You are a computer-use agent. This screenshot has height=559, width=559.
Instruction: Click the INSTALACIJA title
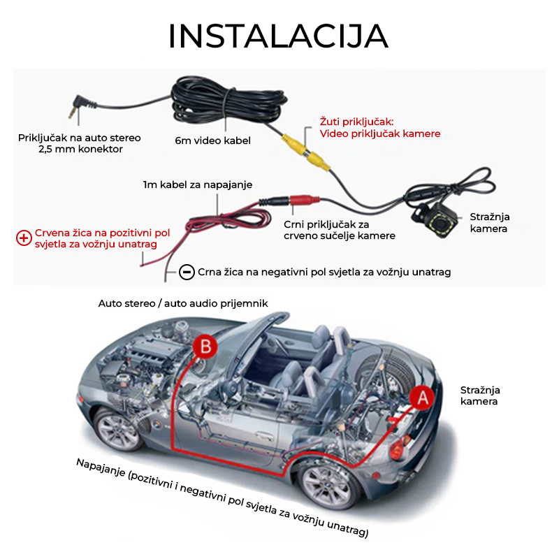pyautogui.click(x=278, y=36)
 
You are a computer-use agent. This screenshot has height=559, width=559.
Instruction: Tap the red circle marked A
pyautogui.click(x=421, y=398)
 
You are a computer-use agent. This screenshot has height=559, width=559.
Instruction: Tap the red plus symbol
pyautogui.click(x=24, y=238)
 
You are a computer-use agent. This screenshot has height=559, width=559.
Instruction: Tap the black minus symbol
pyautogui.click(x=187, y=272)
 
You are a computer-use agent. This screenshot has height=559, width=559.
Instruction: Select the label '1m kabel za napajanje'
pyautogui.click(x=197, y=184)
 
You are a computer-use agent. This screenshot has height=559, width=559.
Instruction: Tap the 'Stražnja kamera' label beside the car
pyautogui.click(x=480, y=395)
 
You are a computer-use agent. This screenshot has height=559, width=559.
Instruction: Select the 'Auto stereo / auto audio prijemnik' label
pyautogui.click(x=183, y=303)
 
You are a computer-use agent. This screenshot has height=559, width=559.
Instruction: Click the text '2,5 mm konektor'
pyautogui.click(x=80, y=149)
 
